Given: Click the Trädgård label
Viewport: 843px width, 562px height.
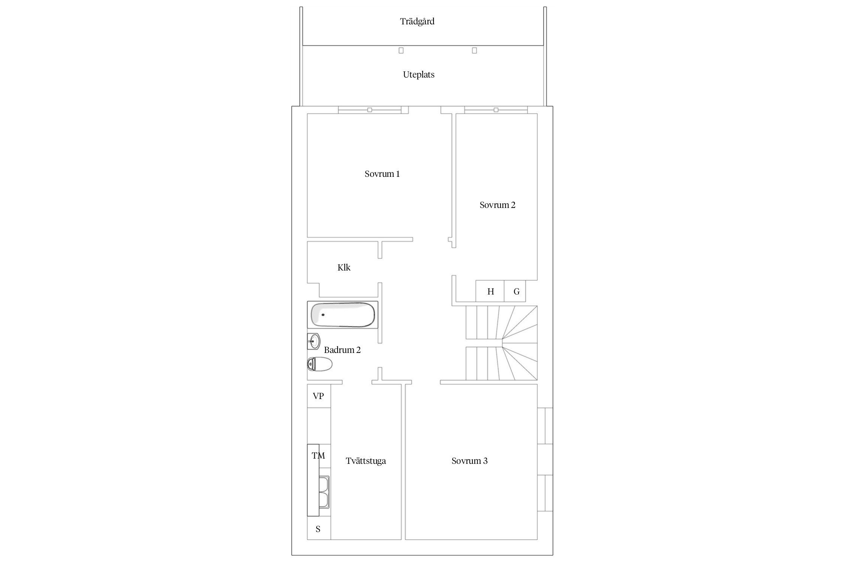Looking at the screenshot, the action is coord(417,21).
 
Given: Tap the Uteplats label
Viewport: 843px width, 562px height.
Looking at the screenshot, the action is coord(419,75).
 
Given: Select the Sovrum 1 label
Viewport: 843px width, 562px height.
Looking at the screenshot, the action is coord(382,174).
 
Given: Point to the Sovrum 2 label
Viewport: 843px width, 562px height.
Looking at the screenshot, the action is coord(498,205).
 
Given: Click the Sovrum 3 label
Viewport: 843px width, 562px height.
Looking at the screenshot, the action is coord(469,461).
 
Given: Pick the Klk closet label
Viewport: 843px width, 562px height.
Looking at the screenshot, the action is coord(344,268).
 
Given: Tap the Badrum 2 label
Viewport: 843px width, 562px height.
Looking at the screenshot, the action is coord(342,350).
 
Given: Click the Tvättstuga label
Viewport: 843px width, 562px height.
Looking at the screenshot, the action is coord(366,461).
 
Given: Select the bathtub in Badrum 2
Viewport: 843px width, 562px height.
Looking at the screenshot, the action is coord(342,315).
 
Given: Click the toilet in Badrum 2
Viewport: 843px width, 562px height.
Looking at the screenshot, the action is coord(320,364).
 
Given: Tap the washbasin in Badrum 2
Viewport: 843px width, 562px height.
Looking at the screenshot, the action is coord(314,341).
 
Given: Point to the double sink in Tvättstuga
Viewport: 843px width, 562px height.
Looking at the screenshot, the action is coord(324,492).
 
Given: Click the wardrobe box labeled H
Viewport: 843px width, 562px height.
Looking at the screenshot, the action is coord(490,291).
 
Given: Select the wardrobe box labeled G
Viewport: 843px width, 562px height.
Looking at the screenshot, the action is coord(515,291).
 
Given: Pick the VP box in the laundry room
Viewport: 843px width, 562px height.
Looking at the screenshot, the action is coord(319,396).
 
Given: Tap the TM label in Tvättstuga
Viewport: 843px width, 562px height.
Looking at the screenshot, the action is coord(318,456).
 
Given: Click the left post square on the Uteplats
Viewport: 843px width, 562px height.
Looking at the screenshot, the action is coord(401,51).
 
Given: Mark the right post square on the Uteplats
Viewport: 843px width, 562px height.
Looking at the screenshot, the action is coord(474,51).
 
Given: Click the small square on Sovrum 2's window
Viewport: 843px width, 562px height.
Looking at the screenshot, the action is coord(496,110).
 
